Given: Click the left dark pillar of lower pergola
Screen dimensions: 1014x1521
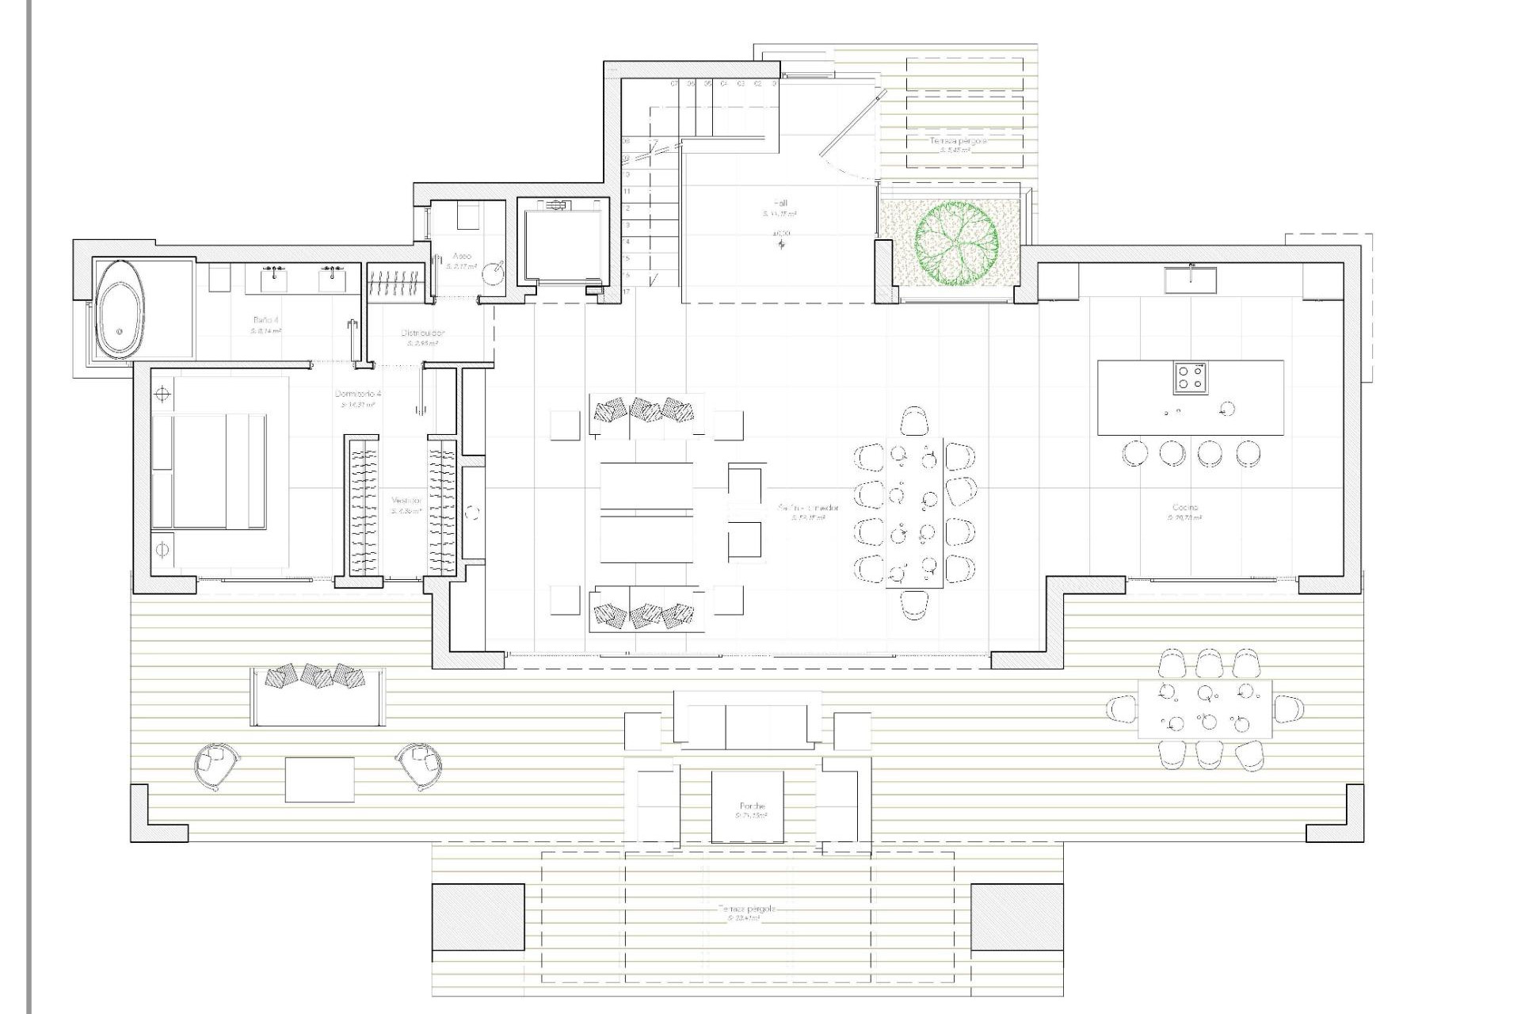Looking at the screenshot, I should click(x=478, y=917).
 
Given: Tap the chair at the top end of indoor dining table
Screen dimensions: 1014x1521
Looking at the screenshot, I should click(x=915, y=420).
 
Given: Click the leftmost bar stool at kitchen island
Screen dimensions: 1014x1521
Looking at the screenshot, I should click(x=1134, y=454).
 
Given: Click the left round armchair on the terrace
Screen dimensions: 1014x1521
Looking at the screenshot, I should click(x=215, y=764).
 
